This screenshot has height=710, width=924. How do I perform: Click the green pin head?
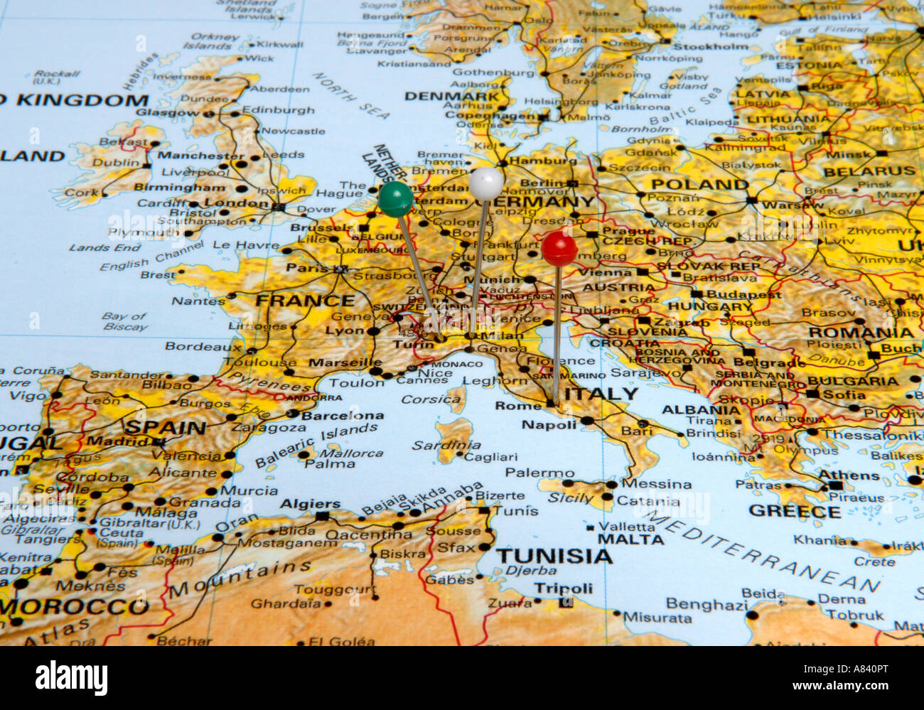click(x=395, y=199)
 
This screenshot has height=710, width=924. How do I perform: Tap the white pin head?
click(x=486, y=183)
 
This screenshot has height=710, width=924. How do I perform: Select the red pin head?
click(x=559, y=249)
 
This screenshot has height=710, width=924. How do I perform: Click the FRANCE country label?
click(x=305, y=301)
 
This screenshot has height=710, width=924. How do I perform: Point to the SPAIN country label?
click(x=165, y=428)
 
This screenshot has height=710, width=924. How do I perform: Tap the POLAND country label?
click(x=700, y=184)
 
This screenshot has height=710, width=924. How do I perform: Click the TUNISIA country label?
click(x=554, y=556)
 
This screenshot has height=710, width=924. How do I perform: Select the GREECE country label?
click(x=794, y=511)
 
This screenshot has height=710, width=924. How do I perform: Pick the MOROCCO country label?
click(x=75, y=607)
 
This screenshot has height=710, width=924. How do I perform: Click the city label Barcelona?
click(x=343, y=416)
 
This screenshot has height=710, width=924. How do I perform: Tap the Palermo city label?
click(x=539, y=473)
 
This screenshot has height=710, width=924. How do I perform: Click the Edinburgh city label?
click(x=278, y=110)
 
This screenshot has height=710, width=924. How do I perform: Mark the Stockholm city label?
click(x=710, y=47)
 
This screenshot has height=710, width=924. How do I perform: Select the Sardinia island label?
click(x=446, y=446)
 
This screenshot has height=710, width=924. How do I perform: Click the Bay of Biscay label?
click(x=124, y=321)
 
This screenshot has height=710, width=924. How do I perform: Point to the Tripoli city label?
click(x=563, y=588)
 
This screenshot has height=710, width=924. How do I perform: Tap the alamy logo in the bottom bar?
click(x=71, y=677)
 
